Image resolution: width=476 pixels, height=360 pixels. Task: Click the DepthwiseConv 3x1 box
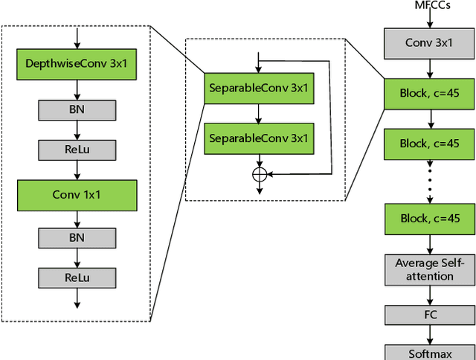pyautogui.click(x=77, y=64)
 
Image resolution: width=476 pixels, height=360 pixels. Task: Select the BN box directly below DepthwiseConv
pyautogui.click(x=77, y=109)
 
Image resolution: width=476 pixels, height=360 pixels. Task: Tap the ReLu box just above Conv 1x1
pyautogui.click(x=77, y=150)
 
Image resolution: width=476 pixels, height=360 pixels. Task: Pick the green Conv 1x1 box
pyautogui.click(x=77, y=195)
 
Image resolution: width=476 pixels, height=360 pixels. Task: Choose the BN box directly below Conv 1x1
pyautogui.click(x=77, y=237)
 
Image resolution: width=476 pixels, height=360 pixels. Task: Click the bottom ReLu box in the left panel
pyautogui.click(x=77, y=277)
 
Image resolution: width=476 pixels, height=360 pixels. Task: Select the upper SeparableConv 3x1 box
pyautogui.click(x=258, y=89)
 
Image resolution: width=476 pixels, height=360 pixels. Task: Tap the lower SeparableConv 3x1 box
pyautogui.click(x=258, y=138)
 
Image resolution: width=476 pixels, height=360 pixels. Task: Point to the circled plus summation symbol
pyautogui.click(x=259, y=173)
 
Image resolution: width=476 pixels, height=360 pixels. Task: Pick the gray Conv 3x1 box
pyautogui.click(x=428, y=43)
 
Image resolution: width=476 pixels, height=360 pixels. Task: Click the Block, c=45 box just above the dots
pyautogui.click(x=428, y=144)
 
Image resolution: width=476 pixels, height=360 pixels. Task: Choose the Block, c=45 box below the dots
pyautogui.click(x=428, y=219)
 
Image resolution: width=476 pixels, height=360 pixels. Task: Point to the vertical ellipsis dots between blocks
pyautogui.click(x=429, y=181)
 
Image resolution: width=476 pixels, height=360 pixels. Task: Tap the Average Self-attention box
pyautogui.click(x=428, y=269)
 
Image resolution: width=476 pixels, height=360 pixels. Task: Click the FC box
pyautogui.click(x=428, y=315)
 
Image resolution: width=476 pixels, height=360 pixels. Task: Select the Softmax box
pyautogui.click(x=428, y=353)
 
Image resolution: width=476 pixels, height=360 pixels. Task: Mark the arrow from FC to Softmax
pyautogui.click(x=429, y=335)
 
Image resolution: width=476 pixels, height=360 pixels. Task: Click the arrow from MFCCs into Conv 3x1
pyautogui.click(x=429, y=20)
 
